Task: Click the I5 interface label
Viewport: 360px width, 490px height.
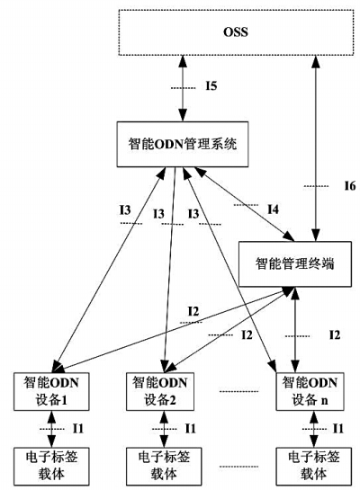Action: coord(211,85)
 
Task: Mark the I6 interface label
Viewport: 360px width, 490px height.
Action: coord(350,186)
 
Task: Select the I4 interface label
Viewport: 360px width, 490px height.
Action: coord(273,209)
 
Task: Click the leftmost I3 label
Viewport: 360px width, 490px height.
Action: coord(125,210)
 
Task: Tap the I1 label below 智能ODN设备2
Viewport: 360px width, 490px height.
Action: coord(190,428)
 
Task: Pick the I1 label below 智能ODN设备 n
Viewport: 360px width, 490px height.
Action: coord(338,428)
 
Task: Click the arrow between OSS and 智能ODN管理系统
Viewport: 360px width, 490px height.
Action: coord(183,88)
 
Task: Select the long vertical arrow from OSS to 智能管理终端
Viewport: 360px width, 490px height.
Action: coord(316,148)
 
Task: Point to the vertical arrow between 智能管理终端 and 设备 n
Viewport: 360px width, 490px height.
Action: coord(295,329)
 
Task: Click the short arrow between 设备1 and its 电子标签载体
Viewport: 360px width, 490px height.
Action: coord(51,429)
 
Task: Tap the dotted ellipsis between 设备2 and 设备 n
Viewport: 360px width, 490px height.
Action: coord(239,391)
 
